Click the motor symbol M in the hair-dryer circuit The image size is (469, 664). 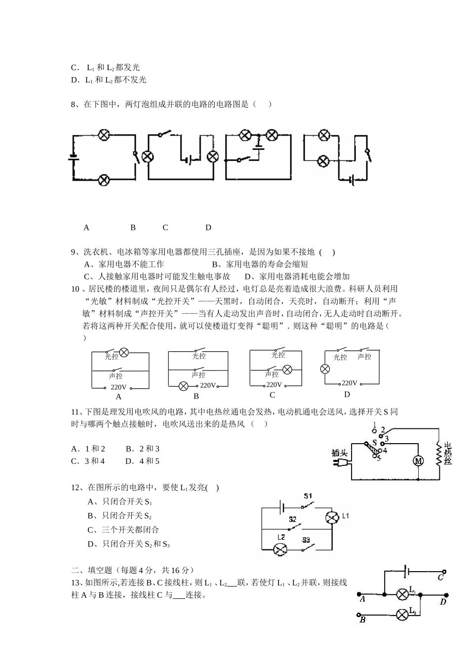418,461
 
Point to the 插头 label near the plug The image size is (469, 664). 340,452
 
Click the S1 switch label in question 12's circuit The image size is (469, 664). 308,495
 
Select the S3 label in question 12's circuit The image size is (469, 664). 306,539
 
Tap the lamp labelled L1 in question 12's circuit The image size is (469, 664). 331,517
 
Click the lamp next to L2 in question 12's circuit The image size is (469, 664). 281,548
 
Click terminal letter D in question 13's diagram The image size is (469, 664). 443,602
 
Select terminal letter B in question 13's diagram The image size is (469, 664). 362,620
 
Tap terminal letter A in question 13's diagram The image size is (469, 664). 362,599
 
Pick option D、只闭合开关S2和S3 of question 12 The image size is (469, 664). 128,544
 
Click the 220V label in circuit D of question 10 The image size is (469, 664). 349,383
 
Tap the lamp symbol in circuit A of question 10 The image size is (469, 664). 124,352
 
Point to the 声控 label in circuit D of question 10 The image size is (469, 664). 364,357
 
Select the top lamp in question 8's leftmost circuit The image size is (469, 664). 104,135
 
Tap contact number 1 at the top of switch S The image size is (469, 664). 375,425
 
